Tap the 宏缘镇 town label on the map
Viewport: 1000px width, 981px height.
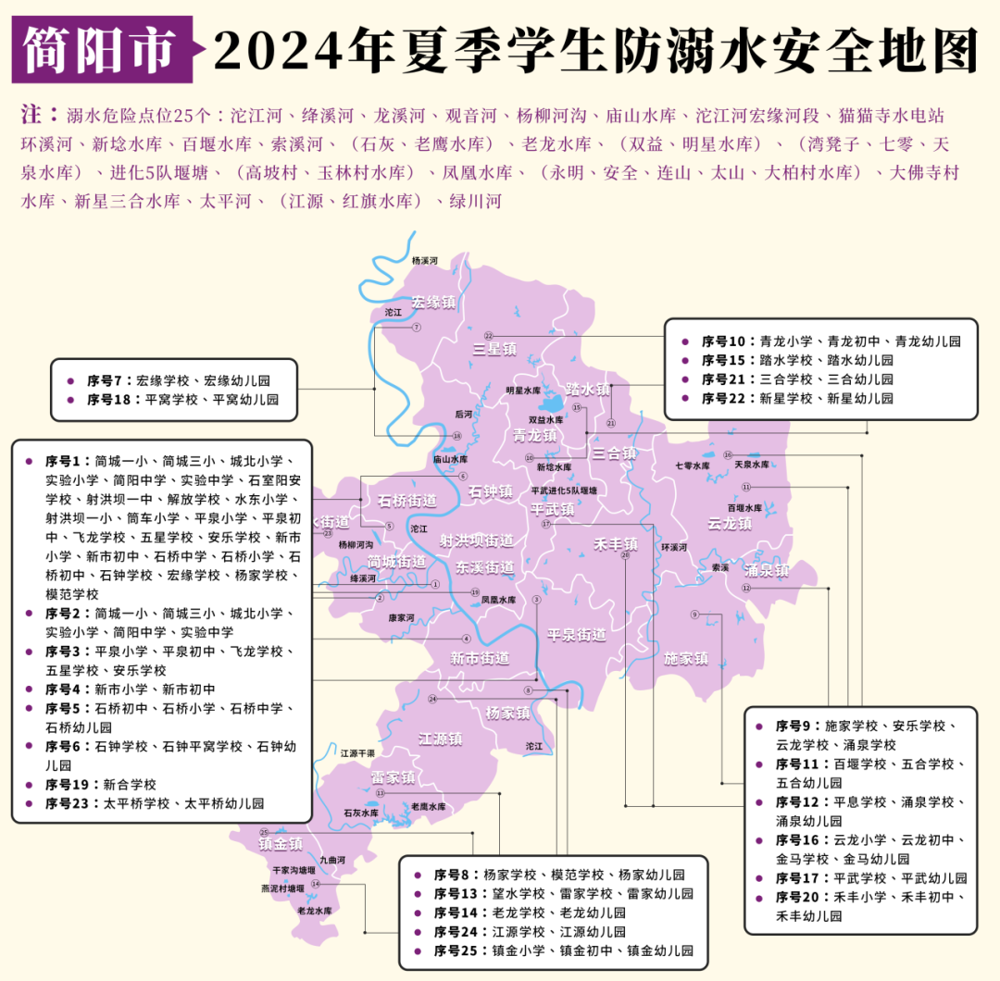tap(434, 302)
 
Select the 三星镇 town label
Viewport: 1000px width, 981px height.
tap(494, 349)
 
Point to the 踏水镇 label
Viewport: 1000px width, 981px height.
tap(588, 390)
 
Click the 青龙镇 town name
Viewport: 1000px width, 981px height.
tap(536, 435)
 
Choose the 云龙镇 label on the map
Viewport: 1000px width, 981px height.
tap(730, 523)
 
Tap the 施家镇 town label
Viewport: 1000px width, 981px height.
tap(686, 658)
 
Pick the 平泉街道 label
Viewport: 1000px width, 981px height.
tap(576, 635)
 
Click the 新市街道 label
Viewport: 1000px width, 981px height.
tap(480, 659)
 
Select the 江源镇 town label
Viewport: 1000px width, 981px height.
tap(441, 739)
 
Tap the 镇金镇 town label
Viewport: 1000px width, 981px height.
tap(281, 844)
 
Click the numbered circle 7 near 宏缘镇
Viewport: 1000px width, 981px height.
tap(417, 328)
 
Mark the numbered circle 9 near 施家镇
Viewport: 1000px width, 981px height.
tap(694, 615)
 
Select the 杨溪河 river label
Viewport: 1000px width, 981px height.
tap(424, 261)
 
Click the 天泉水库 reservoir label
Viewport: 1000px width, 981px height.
tap(752, 464)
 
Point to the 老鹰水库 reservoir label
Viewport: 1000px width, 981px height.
tap(429, 807)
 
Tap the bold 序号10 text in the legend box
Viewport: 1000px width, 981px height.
tap(723, 341)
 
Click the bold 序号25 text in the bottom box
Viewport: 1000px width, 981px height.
tap(456, 950)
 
